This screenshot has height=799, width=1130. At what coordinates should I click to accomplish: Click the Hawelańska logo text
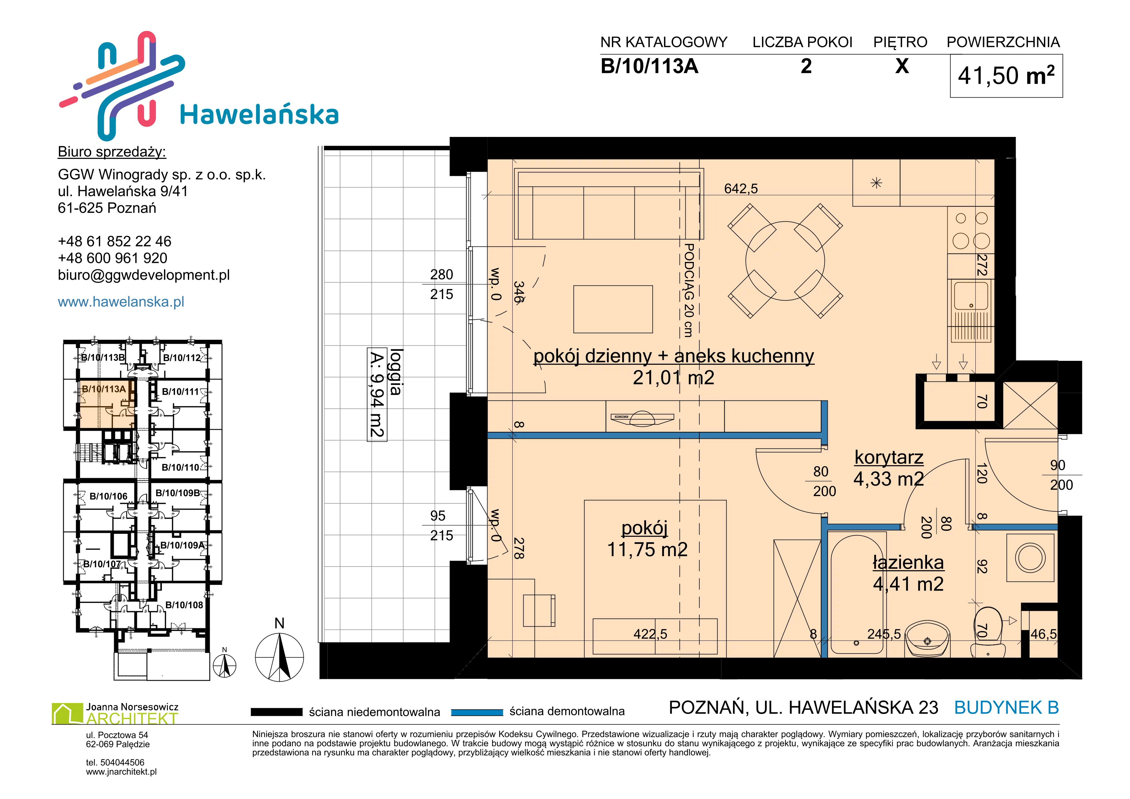click(x=259, y=115)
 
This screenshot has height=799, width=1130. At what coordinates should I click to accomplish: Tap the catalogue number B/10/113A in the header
click(x=649, y=66)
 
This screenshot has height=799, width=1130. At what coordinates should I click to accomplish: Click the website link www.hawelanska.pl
click(x=121, y=302)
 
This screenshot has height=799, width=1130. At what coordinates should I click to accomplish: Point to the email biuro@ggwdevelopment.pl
click(x=144, y=275)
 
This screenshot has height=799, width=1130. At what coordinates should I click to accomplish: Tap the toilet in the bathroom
click(x=988, y=632)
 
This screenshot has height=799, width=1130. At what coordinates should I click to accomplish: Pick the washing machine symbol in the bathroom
click(x=1030, y=558)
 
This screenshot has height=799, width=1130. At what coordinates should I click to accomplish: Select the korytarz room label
click(x=889, y=457)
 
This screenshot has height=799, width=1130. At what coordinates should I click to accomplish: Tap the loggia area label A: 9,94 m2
click(x=377, y=394)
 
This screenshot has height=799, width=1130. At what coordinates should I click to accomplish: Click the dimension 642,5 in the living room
click(x=741, y=188)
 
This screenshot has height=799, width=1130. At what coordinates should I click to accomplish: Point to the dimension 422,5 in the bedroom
click(x=650, y=634)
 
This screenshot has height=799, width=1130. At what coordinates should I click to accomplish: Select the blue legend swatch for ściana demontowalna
click(x=477, y=712)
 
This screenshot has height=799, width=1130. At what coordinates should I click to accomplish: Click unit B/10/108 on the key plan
click(x=184, y=605)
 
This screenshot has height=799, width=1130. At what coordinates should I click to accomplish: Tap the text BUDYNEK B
click(x=1007, y=708)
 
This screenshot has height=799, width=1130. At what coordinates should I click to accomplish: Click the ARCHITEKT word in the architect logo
click(x=132, y=719)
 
